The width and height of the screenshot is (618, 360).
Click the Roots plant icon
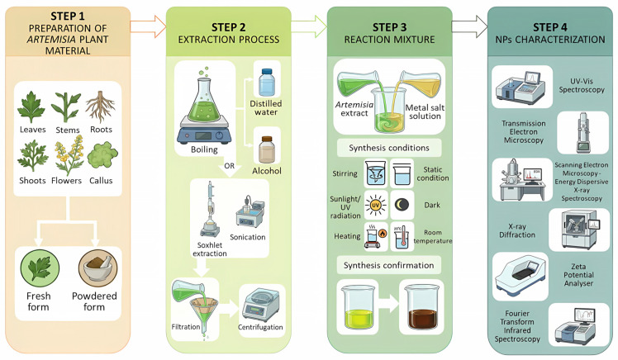(x=101, y=107)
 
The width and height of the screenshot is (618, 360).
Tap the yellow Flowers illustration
(x=69, y=155)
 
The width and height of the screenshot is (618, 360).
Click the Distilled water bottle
(x=267, y=83)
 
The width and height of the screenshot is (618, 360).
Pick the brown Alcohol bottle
(x=267, y=149)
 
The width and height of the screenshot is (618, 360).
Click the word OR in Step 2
(x=230, y=166)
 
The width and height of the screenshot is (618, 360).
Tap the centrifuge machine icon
(x=260, y=305)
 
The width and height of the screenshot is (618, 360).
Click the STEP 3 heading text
(x=389, y=27)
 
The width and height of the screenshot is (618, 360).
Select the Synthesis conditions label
(x=389, y=148)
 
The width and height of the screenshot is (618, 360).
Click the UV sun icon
(x=376, y=206)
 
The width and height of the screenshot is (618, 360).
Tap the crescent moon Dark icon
(x=402, y=205)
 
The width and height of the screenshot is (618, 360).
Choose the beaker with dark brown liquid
(x=421, y=307)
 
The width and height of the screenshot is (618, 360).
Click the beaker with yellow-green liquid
(x=359, y=307)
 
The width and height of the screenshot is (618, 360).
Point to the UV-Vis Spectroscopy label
(x=582, y=86)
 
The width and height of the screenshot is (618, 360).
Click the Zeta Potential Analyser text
(x=578, y=275)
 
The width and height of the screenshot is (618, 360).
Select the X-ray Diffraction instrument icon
(x=579, y=230)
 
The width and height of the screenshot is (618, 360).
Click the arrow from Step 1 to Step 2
(x=148, y=26)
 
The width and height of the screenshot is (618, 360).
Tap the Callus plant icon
(x=102, y=154)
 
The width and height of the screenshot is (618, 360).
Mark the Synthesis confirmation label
(x=388, y=265)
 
